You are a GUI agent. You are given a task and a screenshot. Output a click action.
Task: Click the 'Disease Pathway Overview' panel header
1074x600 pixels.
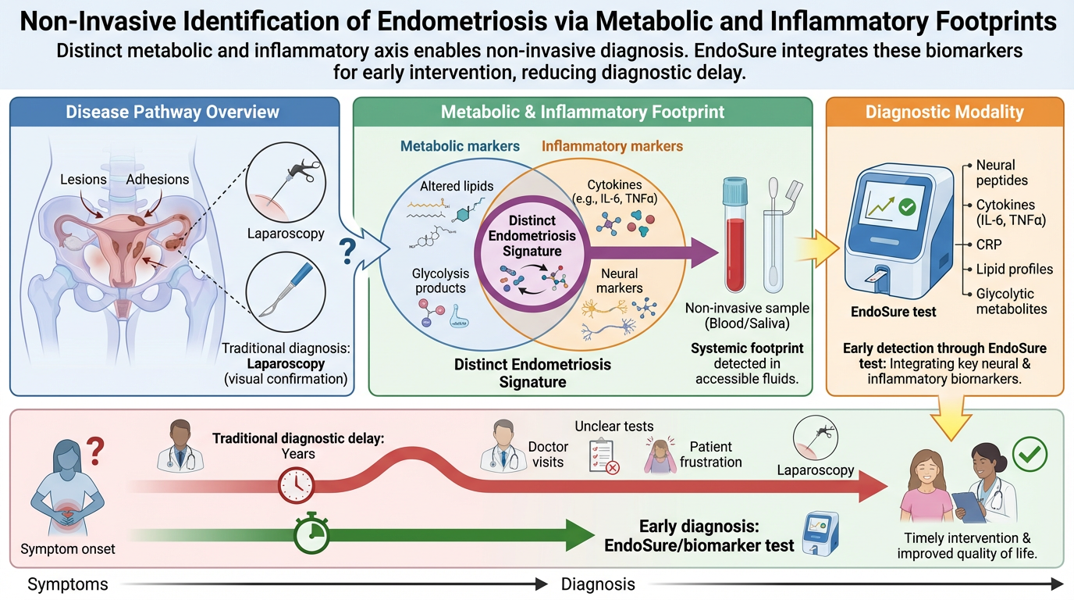tap(172, 112)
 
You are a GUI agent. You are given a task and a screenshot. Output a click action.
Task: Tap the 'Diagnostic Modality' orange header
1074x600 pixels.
tap(944, 112)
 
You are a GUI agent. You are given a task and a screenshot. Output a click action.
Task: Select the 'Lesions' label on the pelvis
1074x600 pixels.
tap(83, 179)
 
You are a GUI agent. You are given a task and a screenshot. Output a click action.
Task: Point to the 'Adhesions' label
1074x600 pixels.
tap(158, 179)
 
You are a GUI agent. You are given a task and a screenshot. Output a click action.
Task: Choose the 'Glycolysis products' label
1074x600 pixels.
tap(439, 280)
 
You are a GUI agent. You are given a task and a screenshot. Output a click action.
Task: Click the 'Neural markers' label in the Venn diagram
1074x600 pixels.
tap(620, 280)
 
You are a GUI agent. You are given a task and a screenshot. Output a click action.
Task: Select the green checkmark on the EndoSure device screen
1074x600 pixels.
tap(907, 207)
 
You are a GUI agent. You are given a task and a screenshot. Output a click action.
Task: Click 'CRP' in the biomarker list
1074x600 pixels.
tap(989, 245)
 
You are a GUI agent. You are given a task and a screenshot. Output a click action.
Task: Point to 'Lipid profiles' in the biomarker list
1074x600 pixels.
tap(1014, 270)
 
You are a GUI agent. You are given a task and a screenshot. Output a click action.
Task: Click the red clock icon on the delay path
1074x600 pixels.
tap(296, 486)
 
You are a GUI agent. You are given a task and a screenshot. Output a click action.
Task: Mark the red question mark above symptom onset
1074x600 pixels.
tap(94, 452)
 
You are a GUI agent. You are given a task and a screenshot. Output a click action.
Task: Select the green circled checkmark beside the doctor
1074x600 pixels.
tap(1029, 453)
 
